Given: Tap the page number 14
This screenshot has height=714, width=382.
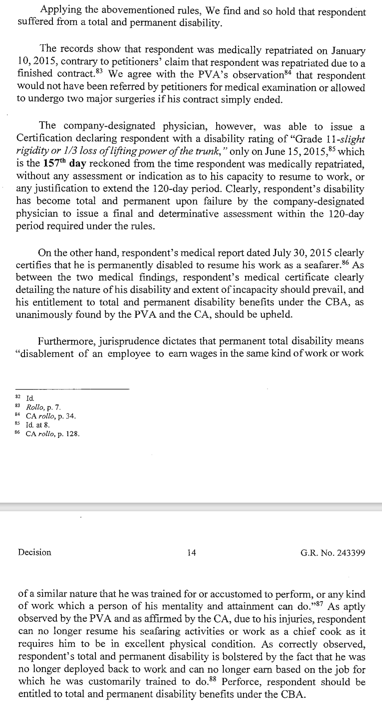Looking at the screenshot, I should pyautogui.click(x=191, y=552).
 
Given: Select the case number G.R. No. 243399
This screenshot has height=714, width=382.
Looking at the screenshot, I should pyautogui.click(x=332, y=552).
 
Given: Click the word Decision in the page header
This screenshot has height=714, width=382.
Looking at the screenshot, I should pyautogui.click(x=35, y=552).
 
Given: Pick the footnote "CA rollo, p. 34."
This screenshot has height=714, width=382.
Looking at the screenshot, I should pyautogui.click(x=50, y=416).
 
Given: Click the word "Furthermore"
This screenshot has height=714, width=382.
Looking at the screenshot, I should pyautogui.click(x=64, y=341).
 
